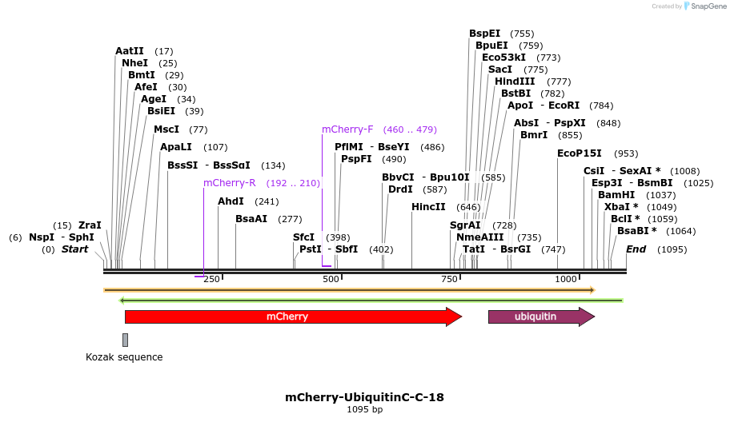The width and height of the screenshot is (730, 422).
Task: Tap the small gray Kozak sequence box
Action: point(125,340)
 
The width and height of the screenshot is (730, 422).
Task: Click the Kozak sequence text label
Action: point(124,357)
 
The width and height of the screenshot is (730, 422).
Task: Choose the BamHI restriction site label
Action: point(616,194)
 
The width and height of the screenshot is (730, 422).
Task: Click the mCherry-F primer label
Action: point(347,129)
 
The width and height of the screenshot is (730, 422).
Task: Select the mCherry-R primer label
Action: point(229,183)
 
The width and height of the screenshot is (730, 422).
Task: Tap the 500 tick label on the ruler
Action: point(331,279)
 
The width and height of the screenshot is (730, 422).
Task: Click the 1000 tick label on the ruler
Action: point(566,279)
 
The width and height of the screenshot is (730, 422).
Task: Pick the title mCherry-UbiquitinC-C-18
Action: point(364,396)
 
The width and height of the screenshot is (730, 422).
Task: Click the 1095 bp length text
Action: point(364,410)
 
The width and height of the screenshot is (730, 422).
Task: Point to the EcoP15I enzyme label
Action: point(580,153)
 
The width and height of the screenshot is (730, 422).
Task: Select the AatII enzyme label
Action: point(130,51)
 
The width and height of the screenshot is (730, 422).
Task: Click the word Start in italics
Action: point(74,249)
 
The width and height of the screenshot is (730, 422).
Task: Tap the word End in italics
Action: point(636,249)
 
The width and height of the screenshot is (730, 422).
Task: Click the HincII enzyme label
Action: point(428,207)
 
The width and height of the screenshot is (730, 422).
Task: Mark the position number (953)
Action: point(626,153)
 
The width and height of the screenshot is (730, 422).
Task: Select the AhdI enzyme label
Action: point(231,201)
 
